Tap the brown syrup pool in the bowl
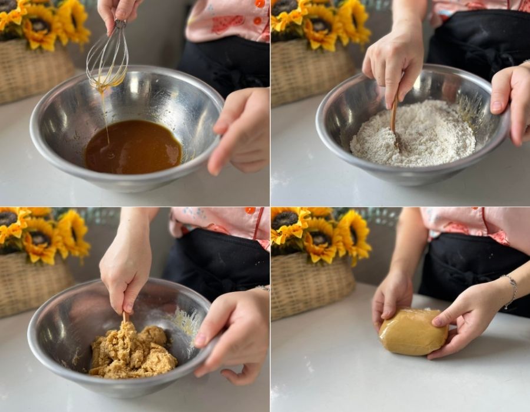click(132, 147)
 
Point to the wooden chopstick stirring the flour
click(393, 118)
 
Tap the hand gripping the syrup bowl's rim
click(241, 129)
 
